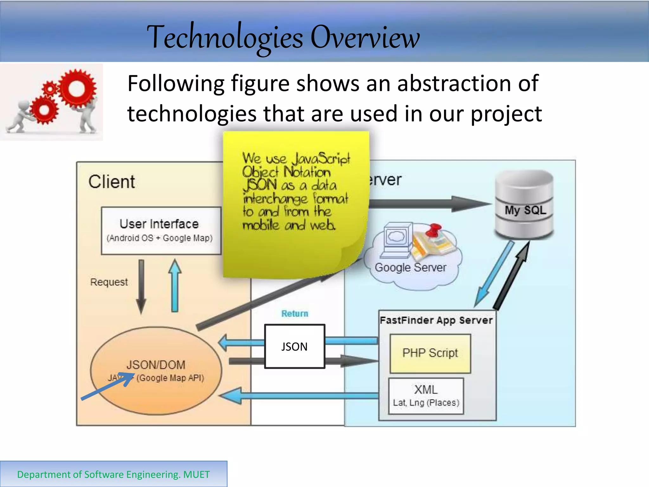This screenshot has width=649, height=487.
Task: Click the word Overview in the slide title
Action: tap(365, 37)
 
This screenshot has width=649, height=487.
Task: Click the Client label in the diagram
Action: tap(112, 182)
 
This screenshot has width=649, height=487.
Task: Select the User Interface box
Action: tap(161, 231)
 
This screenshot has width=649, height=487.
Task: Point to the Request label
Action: tap(109, 282)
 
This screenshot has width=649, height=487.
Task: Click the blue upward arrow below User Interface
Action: tap(175, 285)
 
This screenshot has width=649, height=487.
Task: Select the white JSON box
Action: tap(295, 346)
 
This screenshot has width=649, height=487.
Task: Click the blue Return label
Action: tap(295, 314)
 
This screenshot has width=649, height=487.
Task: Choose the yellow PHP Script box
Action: tap(430, 353)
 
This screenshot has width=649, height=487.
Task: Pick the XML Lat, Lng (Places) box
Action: tap(426, 396)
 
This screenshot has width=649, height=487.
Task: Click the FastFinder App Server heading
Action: tap(436, 320)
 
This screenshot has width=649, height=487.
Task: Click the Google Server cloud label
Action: tap(410, 267)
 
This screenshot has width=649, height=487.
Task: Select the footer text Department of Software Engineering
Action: tap(113, 474)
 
